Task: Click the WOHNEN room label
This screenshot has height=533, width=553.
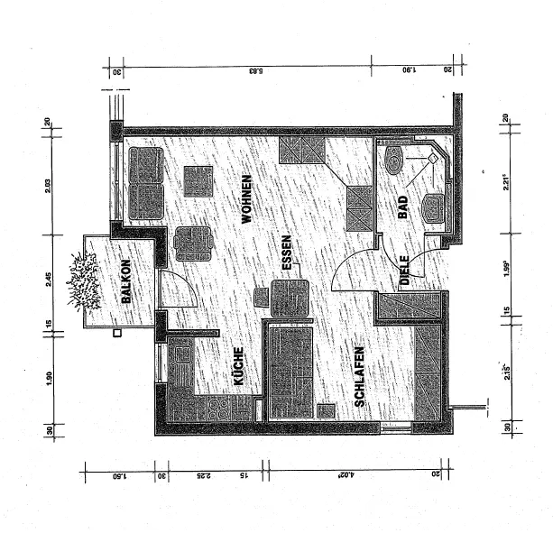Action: [x=245, y=199]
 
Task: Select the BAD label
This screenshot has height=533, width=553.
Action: [x=402, y=207]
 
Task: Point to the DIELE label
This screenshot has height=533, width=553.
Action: [x=405, y=271]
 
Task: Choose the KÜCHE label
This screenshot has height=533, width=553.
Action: [x=239, y=368]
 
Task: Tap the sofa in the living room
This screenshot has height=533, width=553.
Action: [x=144, y=181]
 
